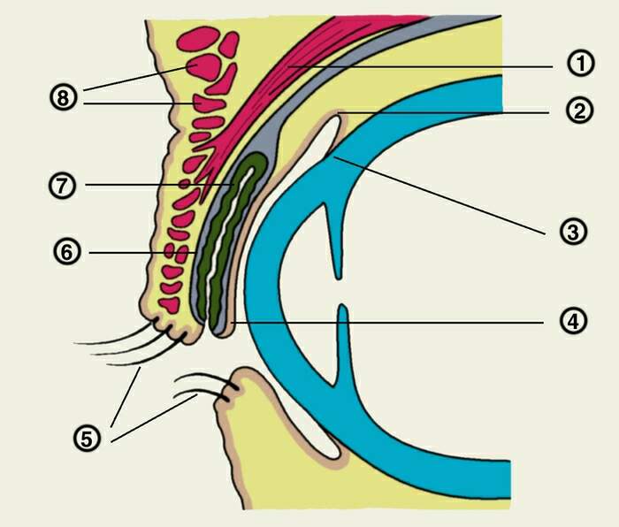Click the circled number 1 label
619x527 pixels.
[580, 64]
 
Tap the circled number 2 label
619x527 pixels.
[579, 111]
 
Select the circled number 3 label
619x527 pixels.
[573, 232]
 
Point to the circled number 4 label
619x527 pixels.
[573, 321]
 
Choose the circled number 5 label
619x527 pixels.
[87, 439]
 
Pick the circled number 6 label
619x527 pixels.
[67, 252]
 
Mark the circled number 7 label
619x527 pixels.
[63, 186]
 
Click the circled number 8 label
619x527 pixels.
[63, 97]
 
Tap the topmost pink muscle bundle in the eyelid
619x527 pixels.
[198, 39]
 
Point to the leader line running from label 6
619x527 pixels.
[143, 252]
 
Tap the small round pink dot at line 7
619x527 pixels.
[184, 184]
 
